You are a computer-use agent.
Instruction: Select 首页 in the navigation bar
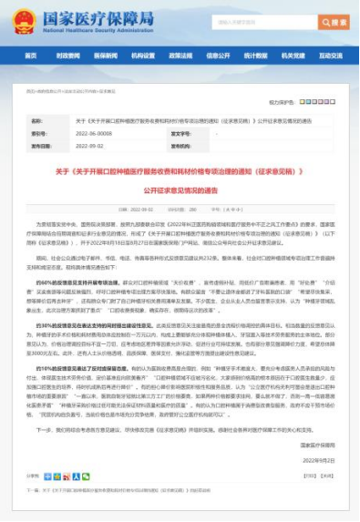coord(31,56)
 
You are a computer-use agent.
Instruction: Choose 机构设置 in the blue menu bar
coord(143,56)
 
